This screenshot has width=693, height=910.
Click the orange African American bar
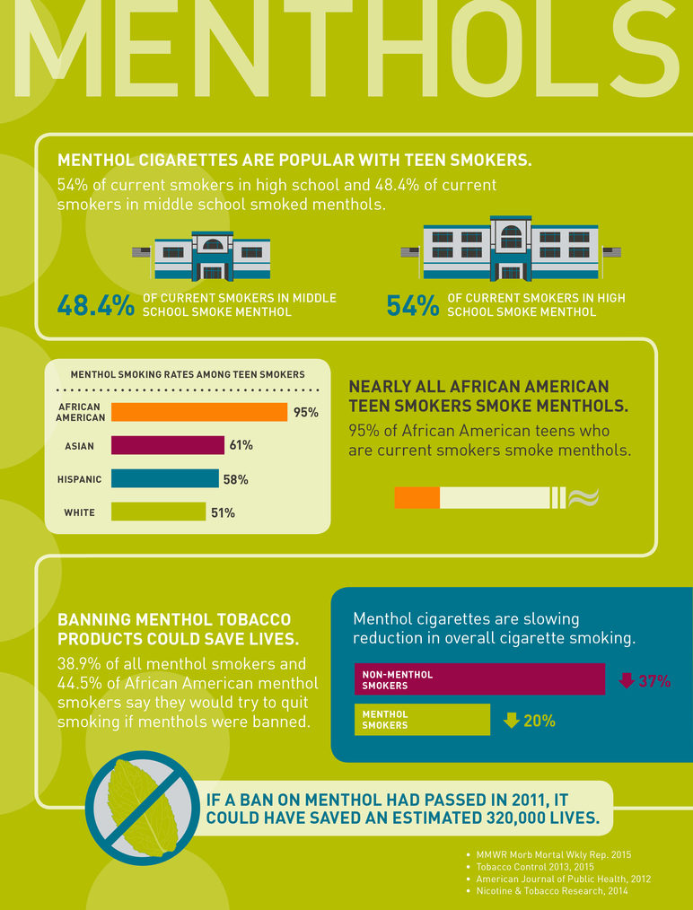(x=198, y=412)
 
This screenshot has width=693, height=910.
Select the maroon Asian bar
(x=167, y=445)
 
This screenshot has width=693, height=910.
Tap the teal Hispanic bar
(x=164, y=479)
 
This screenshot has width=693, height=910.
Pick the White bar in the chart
(x=158, y=512)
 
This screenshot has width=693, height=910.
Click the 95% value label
(x=306, y=413)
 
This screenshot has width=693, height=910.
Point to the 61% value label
(x=241, y=445)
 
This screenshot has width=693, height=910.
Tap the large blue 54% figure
(x=412, y=306)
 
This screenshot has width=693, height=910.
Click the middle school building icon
(x=212, y=257)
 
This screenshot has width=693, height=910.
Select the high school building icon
(x=511, y=249)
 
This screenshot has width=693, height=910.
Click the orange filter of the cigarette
(x=417, y=498)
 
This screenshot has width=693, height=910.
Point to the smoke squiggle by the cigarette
(x=584, y=498)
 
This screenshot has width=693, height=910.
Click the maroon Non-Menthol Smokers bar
(x=479, y=679)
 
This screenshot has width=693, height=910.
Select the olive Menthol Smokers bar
(x=422, y=720)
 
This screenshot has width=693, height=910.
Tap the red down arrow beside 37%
(x=627, y=680)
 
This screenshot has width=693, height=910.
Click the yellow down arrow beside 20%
(x=512, y=720)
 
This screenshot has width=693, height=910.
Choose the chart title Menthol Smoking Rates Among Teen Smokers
(x=188, y=374)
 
